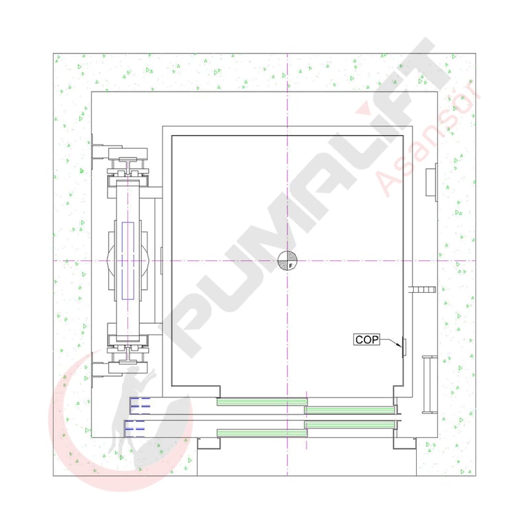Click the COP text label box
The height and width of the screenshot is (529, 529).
(x=366, y=340)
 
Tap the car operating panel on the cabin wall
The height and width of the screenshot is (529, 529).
(x=404, y=347)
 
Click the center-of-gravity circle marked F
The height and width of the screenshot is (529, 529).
(x=287, y=261)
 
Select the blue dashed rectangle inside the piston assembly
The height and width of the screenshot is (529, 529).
(x=128, y=260)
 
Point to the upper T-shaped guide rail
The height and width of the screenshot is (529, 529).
(x=128, y=165)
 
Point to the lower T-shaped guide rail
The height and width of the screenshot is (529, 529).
(x=128, y=356)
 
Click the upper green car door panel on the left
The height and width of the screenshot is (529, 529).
(x=262, y=402)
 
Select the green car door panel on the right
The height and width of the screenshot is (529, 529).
(x=349, y=411)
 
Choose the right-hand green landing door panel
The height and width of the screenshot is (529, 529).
(x=349, y=424)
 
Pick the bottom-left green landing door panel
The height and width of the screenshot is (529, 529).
(x=262, y=433)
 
